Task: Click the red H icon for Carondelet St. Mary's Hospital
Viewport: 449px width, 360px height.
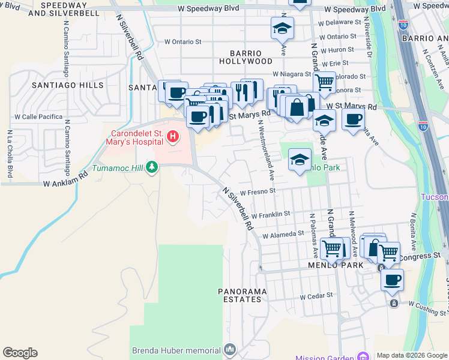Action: point(173,137)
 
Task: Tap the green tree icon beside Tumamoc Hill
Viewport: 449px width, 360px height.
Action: point(151,167)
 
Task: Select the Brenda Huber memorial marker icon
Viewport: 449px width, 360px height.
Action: point(229,349)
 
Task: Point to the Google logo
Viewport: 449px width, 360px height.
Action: point(20,353)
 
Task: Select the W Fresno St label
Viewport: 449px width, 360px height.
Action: point(257,192)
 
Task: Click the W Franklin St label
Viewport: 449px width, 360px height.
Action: point(271,214)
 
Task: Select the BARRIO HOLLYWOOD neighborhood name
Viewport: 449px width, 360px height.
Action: point(246,56)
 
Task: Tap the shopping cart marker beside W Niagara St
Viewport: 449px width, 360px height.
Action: point(324,82)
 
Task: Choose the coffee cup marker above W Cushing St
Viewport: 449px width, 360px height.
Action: point(392,279)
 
